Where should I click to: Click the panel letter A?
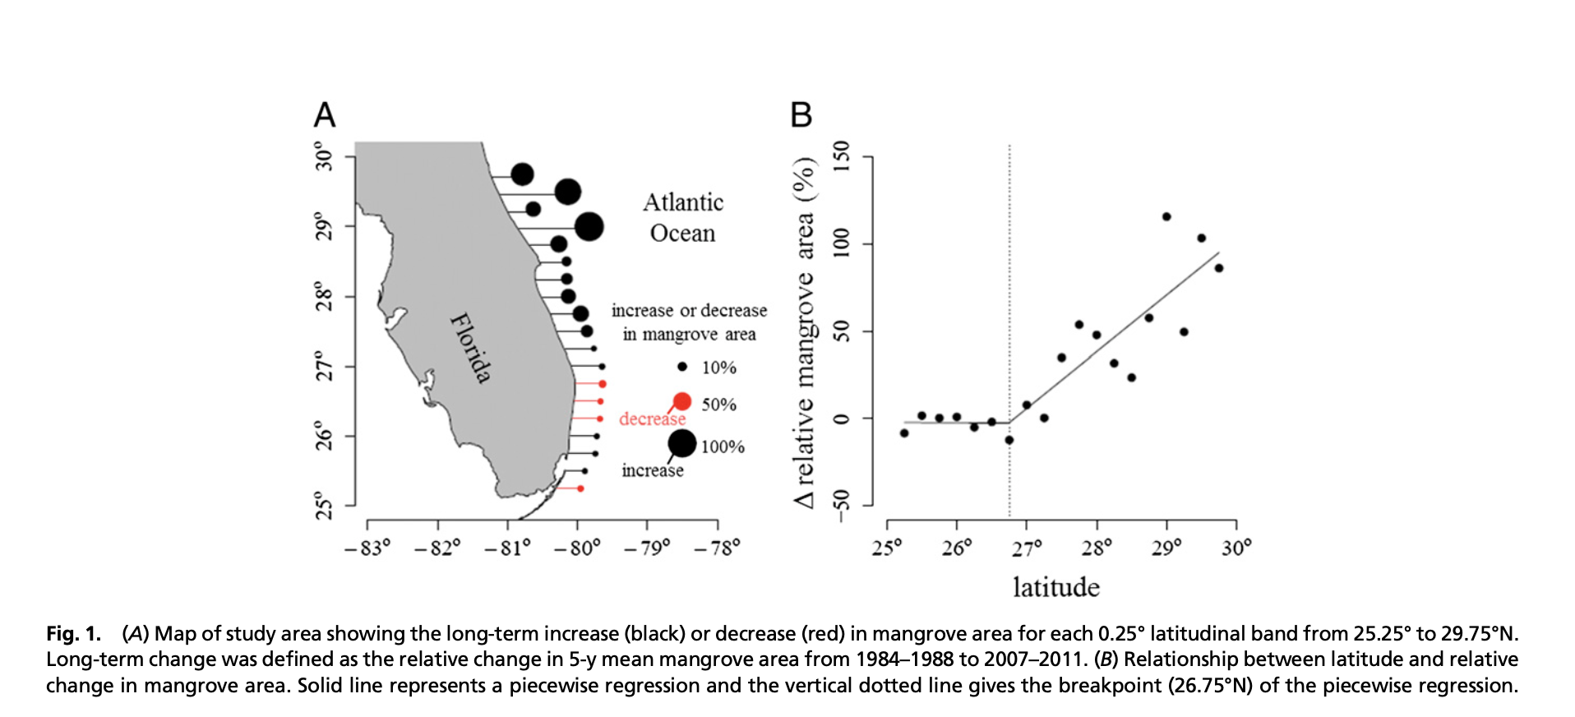[325, 115]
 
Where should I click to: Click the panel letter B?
[801, 115]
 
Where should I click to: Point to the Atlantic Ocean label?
[683, 218]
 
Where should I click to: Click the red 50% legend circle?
[682, 401]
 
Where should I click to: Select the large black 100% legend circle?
[681, 443]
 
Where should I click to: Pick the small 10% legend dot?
[682, 367]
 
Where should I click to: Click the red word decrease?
[651, 419]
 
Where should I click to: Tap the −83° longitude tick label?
[367, 548]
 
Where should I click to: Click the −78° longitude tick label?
[717, 548]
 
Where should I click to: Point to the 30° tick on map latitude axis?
[325, 156]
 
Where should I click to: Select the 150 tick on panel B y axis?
[840, 156]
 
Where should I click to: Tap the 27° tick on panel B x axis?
[1027, 548]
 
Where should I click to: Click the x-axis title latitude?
[1055, 587]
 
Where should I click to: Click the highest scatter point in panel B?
[1166, 217]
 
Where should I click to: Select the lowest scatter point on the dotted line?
[1009, 441]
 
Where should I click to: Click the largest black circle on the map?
[589, 226]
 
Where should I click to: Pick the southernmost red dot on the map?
[580, 488]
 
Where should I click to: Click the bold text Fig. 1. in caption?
[74, 634]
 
